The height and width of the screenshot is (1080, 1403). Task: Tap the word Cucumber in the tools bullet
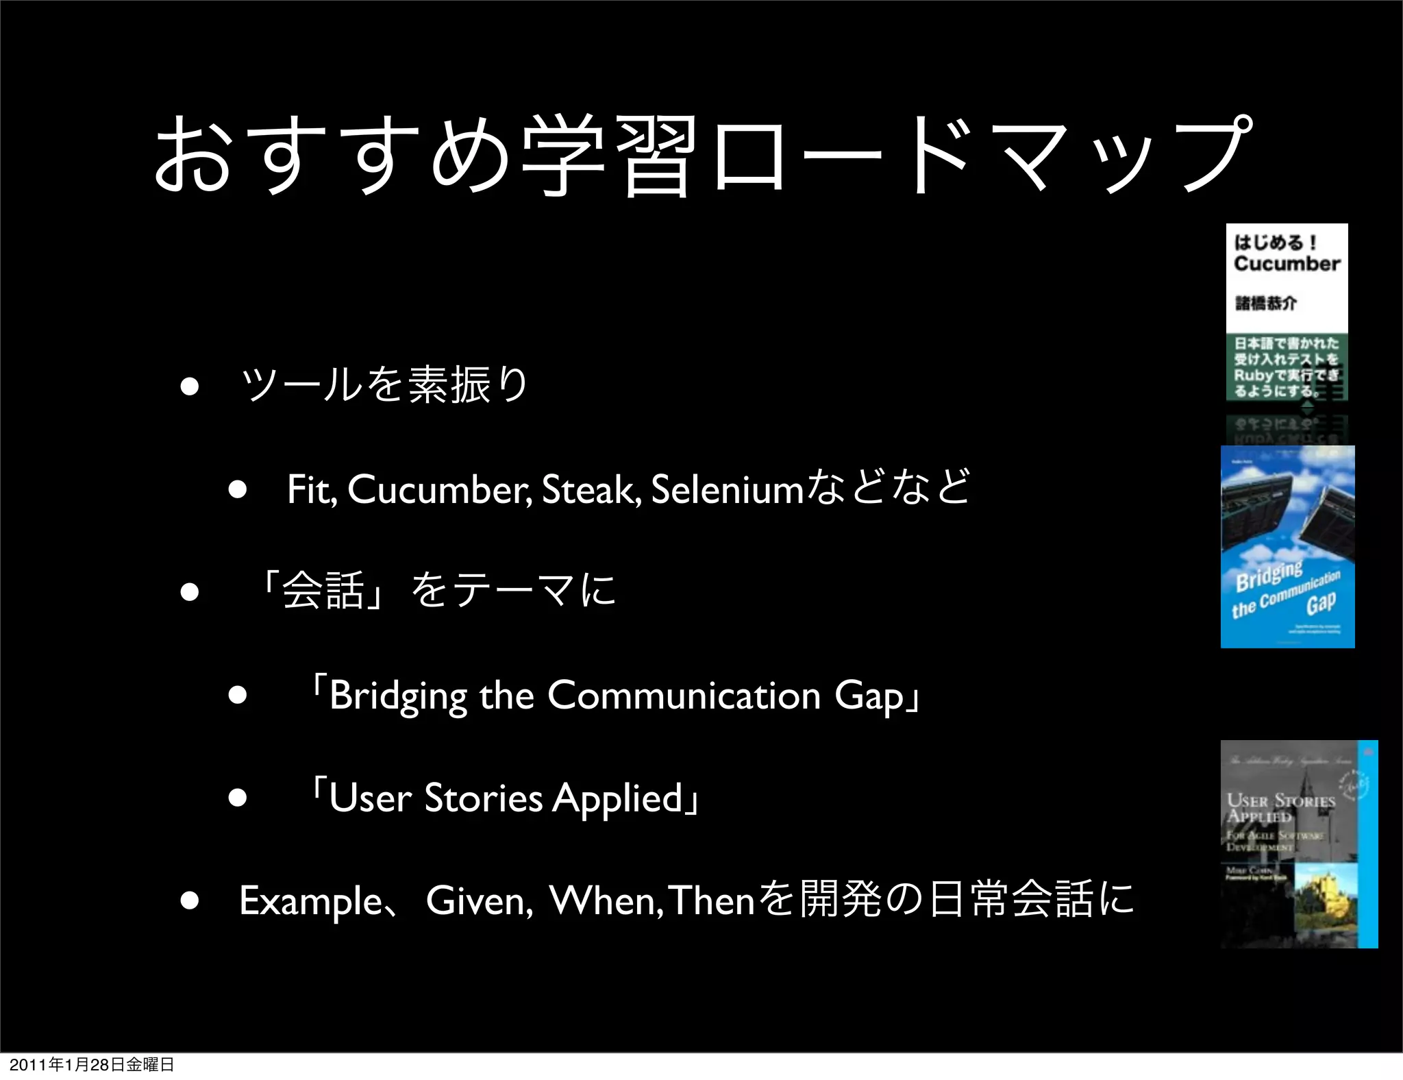(x=438, y=489)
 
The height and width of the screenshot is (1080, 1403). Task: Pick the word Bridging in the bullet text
(x=397, y=696)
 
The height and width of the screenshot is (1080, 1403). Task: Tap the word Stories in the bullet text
(x=483, y=798)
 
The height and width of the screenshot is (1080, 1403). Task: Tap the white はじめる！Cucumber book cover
(x=1287, y=311)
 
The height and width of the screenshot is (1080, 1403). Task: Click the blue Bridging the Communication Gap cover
(x=1287, y=546)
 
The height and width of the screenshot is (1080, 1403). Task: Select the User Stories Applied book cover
(x=1298, y=844)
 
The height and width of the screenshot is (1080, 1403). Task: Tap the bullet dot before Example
(x=190, y=901)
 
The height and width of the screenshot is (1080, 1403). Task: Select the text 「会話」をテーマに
(x=438, y=591)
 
